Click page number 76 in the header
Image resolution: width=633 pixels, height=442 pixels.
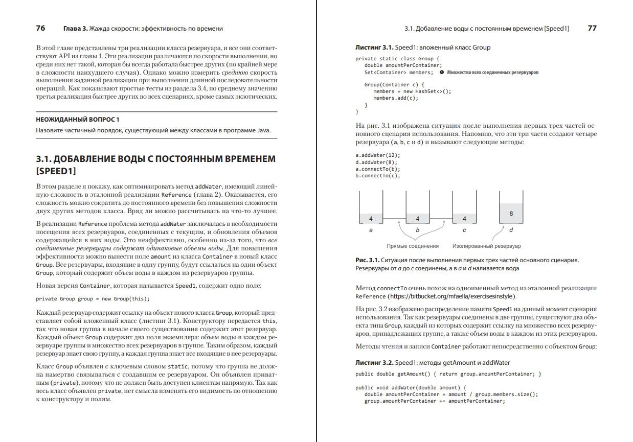click(x=41, y=29)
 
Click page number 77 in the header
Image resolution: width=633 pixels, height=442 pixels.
click(x=592, y=29)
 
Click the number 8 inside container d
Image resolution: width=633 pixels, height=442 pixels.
click(x=511, y=214)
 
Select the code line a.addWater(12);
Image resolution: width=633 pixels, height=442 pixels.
click(x=377, y=155)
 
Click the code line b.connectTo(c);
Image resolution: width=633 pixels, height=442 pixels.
click(x=378, y=175)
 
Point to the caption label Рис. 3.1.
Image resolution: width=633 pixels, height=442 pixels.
click(x=367, y=260)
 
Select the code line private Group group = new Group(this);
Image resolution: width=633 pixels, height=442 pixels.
click(x=93, y=298)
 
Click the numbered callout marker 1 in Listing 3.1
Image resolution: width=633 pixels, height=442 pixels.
click(x=442, y=73)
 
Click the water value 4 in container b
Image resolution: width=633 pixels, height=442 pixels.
click(x=418, y=219)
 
